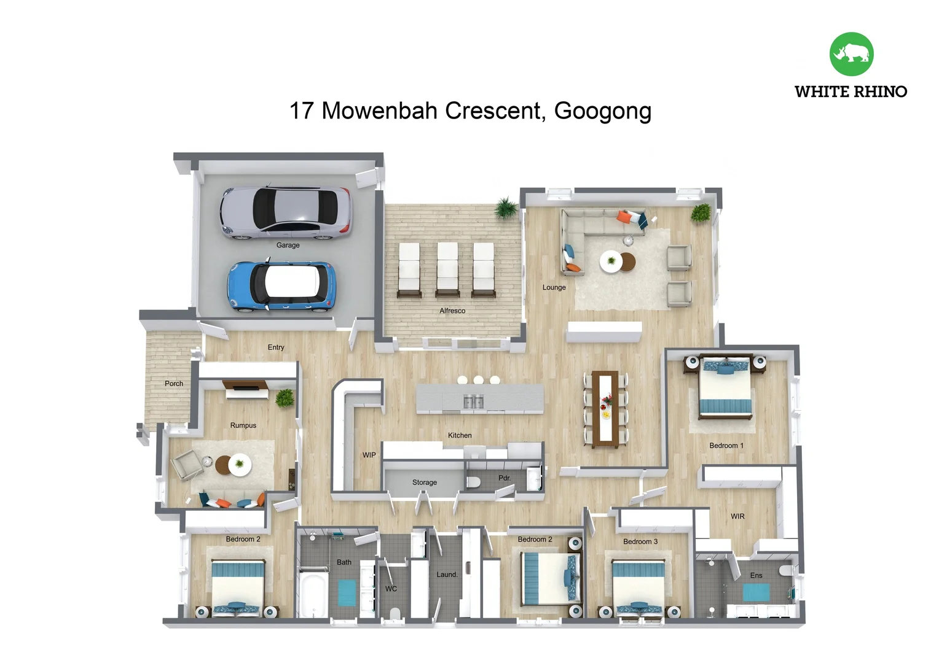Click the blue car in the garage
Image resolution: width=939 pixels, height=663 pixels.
[281, 287]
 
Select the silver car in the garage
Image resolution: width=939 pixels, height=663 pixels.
[286, 213]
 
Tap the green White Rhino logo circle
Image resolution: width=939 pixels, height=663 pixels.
[851, 54]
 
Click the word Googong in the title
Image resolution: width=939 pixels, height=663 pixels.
[602, 111]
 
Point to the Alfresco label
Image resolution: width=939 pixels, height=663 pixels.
[452, 311]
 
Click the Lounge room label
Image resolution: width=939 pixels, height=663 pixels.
[554, 287]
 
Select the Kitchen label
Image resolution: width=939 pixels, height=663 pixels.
[460, 435]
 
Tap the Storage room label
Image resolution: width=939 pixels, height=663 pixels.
[424, 483]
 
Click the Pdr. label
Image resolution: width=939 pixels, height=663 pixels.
[505, 478]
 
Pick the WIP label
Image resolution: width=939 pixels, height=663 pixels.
[369, 455]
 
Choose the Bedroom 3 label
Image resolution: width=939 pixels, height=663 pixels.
[640, 541]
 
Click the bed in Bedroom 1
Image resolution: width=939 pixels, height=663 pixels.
[725, 387]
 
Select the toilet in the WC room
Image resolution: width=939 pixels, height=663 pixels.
[395, 613]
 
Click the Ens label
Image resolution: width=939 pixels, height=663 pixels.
[756, 575]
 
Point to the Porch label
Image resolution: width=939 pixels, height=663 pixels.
[173, 383]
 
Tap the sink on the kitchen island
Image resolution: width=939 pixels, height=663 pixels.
[474, 401]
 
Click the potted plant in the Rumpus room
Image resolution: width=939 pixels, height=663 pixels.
[285, 398]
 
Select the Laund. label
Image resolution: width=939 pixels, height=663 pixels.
[447, 575]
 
